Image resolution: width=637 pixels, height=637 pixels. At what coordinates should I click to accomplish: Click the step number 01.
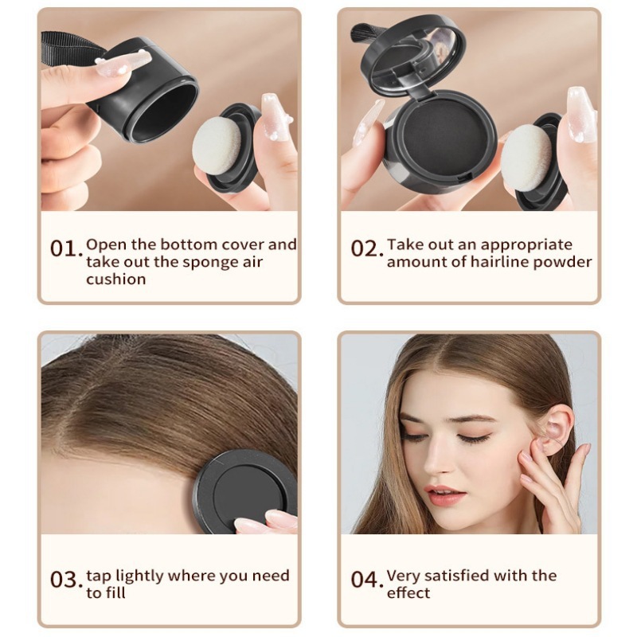pyautogui.click(x=65, y=248)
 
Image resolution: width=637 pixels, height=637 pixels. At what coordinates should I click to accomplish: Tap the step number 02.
pyautogui.click(x=366, y=248)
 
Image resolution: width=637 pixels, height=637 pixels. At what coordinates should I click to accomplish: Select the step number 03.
pyautogui.click(x=66, y=579)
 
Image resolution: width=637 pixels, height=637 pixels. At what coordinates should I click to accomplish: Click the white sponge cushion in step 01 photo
pyautogui.click(x=218, y=147)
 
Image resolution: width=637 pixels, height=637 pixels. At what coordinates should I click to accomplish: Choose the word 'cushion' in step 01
pyautogui.click(x=116, y=279)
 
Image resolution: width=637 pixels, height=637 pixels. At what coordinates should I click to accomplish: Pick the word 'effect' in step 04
pyautogui.click(x=408, y=593)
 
